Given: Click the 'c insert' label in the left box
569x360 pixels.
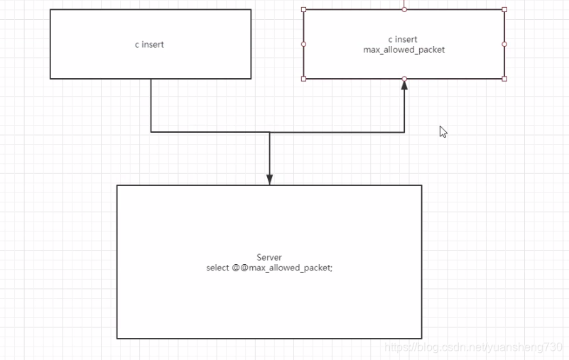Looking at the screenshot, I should click(x=150, y=45).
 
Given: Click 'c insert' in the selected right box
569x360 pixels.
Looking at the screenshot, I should click(x=403, y=40).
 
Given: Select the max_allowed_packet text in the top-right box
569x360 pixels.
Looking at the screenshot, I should click(x=403, y=50).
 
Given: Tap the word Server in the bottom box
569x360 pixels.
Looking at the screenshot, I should click(x=269, y=257).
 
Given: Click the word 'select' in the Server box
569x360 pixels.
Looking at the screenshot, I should click(x=217, y=268).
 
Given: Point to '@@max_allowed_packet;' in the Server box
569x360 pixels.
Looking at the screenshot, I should click(x=282, y=268).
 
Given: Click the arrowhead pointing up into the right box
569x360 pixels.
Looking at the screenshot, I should click(x=404, y=84).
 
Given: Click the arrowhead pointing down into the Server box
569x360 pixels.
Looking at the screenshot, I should click(x=269, y=180).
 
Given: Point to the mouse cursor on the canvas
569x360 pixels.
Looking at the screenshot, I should click(x=443, y=131).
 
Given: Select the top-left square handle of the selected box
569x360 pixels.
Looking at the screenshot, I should click(x=304, y=9).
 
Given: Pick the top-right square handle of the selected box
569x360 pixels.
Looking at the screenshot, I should click(x=504, y=9).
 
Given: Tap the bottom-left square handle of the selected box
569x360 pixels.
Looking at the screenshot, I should click(x=304, y=79).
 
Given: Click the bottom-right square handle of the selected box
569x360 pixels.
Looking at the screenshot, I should click(x=504, y=79).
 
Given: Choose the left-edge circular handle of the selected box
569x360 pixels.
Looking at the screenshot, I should click(x=304, y=44).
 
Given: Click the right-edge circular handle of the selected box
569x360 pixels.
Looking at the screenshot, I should click(x=504, y=44).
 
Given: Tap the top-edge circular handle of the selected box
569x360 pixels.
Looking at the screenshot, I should click(x=404, y=9).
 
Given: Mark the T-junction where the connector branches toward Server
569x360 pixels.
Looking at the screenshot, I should click(x=269, y=132).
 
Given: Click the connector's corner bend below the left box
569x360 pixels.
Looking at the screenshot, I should click(x=151, y=132).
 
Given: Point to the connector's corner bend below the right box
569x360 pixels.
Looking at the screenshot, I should click(x=404, y=132).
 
